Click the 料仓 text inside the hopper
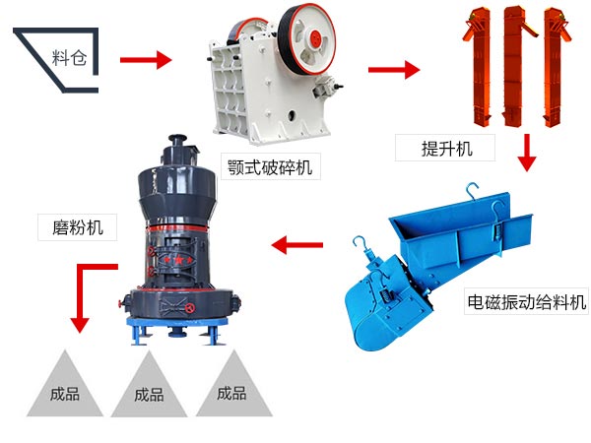tap(69, 58)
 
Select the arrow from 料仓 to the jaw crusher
tap(146, 60)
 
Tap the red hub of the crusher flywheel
tap(315, 38)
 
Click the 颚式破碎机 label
tap(270, 167)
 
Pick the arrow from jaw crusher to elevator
tap(394, 70)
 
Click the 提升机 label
tap(446, 148)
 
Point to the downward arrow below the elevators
tap(527, 153)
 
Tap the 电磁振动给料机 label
tap(527, 302)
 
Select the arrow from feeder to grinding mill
tap(297, 245)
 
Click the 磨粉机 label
tap(78, 227)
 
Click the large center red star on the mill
tap(178, 260)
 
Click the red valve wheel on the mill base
tap(191, 309)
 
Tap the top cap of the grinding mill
tap(177, 139)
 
